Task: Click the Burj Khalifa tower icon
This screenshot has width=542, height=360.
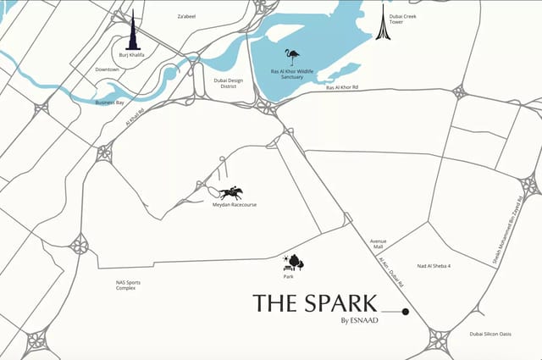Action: [131, 31]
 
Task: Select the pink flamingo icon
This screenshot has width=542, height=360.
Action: [293, 58]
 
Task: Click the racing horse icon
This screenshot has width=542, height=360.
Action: [230, 192]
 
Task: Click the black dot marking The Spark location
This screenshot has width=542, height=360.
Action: [406, 312]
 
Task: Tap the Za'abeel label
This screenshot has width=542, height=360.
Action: [186, 16]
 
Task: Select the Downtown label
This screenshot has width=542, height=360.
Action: [108, 69]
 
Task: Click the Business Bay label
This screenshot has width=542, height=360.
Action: [110, 102]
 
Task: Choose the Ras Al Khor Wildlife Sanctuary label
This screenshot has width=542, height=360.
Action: [292, 75]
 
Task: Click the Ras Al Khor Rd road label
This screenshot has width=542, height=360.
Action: [343, 87]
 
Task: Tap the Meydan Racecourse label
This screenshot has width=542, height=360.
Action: [235, 205]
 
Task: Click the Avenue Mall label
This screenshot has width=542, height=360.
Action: [378, 245]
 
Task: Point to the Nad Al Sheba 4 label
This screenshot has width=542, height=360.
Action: [434, 266]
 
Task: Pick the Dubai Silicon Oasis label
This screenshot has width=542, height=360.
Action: [490, 334]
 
